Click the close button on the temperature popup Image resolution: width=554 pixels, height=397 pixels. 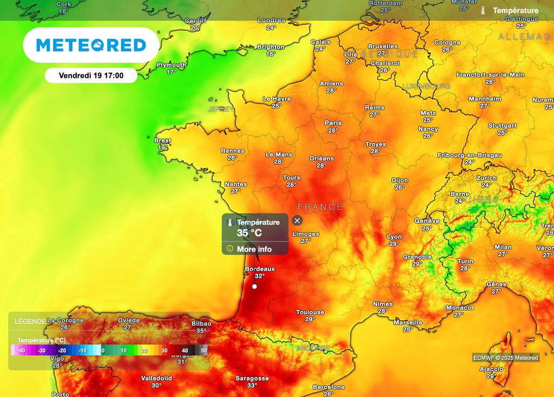297,220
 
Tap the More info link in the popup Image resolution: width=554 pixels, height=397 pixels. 254,249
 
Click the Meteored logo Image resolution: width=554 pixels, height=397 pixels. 91,45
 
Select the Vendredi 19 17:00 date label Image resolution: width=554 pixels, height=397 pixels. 91,76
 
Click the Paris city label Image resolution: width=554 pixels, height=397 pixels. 333,123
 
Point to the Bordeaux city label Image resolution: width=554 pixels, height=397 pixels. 260,269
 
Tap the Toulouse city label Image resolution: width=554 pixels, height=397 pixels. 310,313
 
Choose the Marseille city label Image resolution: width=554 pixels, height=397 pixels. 408,323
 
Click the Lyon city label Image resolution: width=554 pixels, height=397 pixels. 394,237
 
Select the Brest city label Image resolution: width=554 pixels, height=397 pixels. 163,141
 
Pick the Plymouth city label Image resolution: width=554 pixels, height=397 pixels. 172,65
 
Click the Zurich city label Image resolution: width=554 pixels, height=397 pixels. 486,178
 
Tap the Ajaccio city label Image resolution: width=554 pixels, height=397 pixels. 491,369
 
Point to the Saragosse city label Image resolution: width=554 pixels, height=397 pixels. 252,379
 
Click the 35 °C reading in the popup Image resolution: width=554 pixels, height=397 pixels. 249,233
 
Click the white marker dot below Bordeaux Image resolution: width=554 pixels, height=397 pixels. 255,287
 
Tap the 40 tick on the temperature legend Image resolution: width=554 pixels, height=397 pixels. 185,351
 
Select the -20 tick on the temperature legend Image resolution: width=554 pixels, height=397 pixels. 62,351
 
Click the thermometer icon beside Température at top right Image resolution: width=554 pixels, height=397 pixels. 483,11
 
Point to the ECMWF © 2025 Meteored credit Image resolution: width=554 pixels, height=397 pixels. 506,358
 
